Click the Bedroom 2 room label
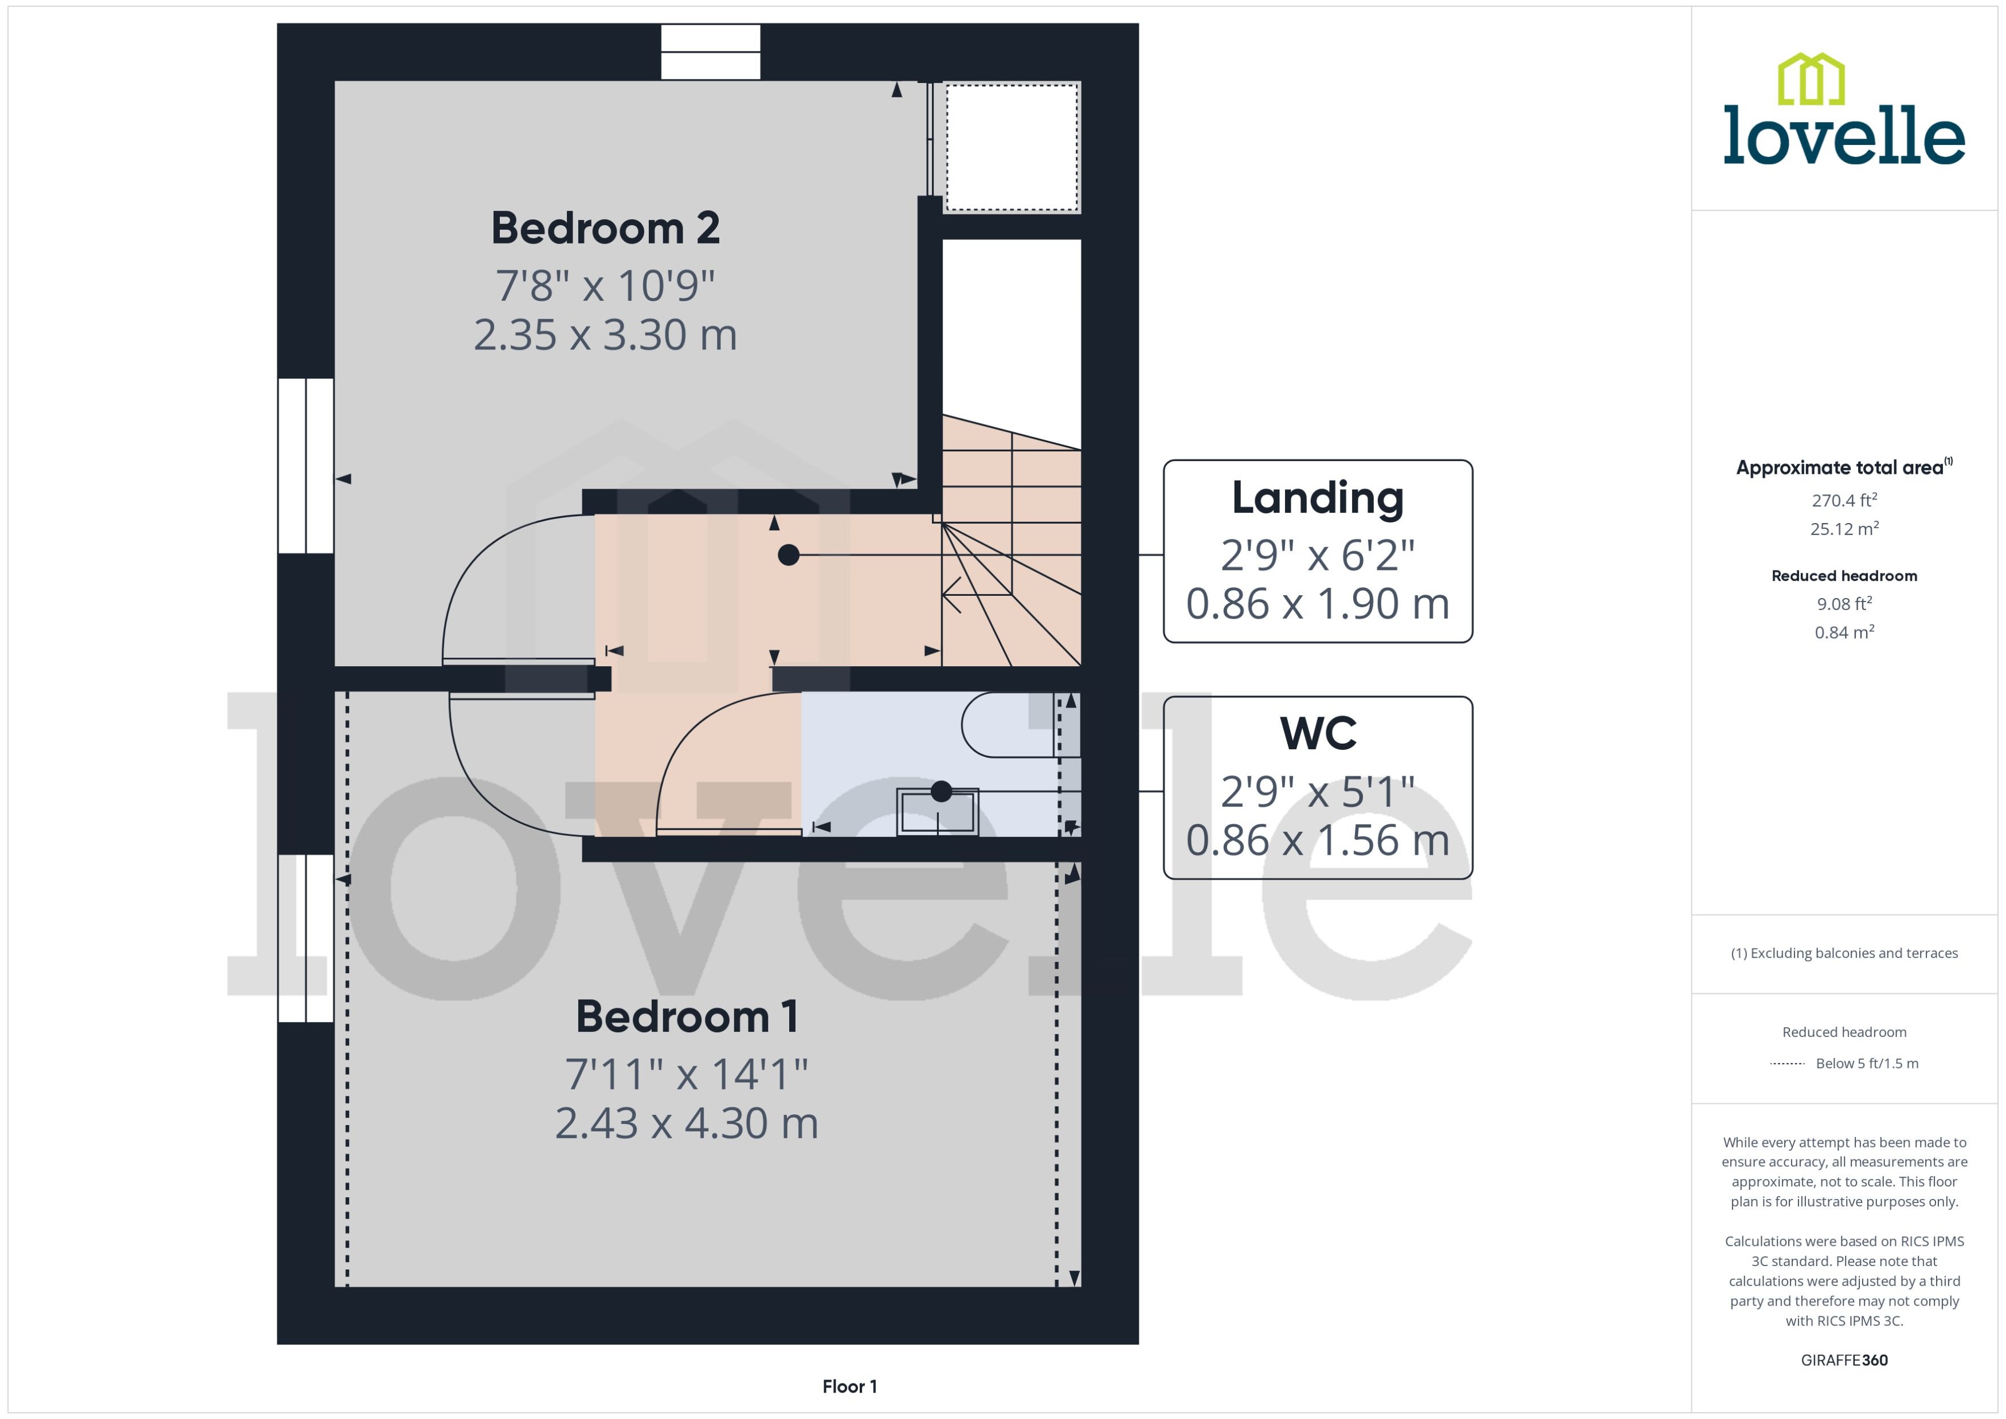(x=605, y=229)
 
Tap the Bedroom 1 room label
(x=686, y=1017)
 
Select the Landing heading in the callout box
(x=1317, y=498)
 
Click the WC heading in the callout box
(x=1317, y=734)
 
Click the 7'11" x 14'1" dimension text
(x=686, y=1075)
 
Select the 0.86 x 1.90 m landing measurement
(x=1317, y=604)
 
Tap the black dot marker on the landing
(x=789, y=555)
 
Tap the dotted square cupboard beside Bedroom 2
(x=1011, y=147)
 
